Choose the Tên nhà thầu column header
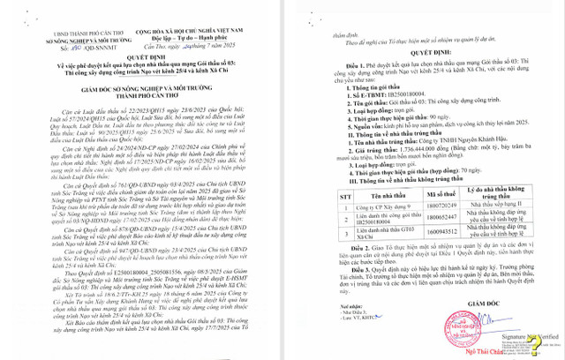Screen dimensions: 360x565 coord(380,214)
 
